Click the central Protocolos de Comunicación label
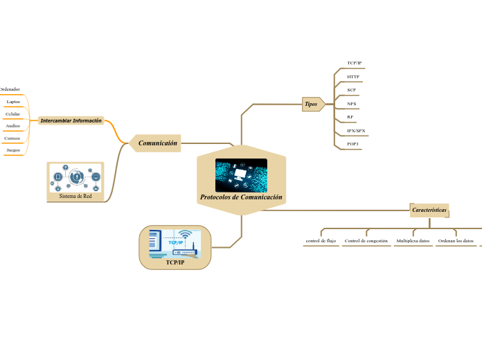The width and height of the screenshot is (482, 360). pos(241,197)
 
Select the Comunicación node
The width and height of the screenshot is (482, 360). pos(158,143)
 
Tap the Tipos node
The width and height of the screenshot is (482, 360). pos(311,104)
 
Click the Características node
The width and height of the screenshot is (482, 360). pos(429,209)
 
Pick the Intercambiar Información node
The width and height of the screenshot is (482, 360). pos(71,120)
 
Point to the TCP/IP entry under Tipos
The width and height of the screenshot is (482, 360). pos(354,63)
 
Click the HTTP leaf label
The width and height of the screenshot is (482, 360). pos(353,76)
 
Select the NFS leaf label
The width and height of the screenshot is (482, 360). pos(352,104)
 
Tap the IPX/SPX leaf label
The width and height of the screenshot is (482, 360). pos(356,131)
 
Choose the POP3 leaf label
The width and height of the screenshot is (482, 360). pos(352,144)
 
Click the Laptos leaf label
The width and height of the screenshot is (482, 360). pos(13,102)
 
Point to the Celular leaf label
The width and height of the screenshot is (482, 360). pos(12,114)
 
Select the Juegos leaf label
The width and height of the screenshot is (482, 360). pos(12,150)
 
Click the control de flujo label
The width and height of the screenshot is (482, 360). pos(321,241)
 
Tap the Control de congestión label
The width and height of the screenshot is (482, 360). pos(366,241)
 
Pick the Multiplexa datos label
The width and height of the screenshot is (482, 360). pos(413,241)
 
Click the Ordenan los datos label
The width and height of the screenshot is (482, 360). pos(456,241)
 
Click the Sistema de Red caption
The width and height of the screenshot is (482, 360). pos(75,197)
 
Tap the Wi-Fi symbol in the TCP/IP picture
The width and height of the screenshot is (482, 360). pos(184,235)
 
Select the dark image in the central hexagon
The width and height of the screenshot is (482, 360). pos(241,174)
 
